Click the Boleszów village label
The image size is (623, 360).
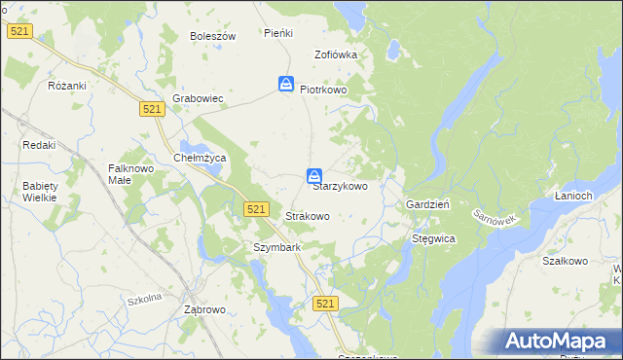[x=213, y=36]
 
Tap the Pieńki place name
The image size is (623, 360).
[x=278, y=33]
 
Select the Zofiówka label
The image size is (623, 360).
[x=336, y=54]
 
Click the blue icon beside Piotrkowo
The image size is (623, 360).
[x=286, y=85]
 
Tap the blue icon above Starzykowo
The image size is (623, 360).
[x=314, y=176]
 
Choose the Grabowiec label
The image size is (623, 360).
[x=199, y=98]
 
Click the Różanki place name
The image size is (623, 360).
[x=67, y=86]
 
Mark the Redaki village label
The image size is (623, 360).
[x=39, y=145]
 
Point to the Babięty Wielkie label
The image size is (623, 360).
[x=40, y=191]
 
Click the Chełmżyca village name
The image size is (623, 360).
[x=199, y=158]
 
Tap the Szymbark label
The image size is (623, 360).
[x=276, y=247]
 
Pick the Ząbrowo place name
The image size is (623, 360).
[x=204, y=309]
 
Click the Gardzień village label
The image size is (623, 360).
[x=426, y=205]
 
